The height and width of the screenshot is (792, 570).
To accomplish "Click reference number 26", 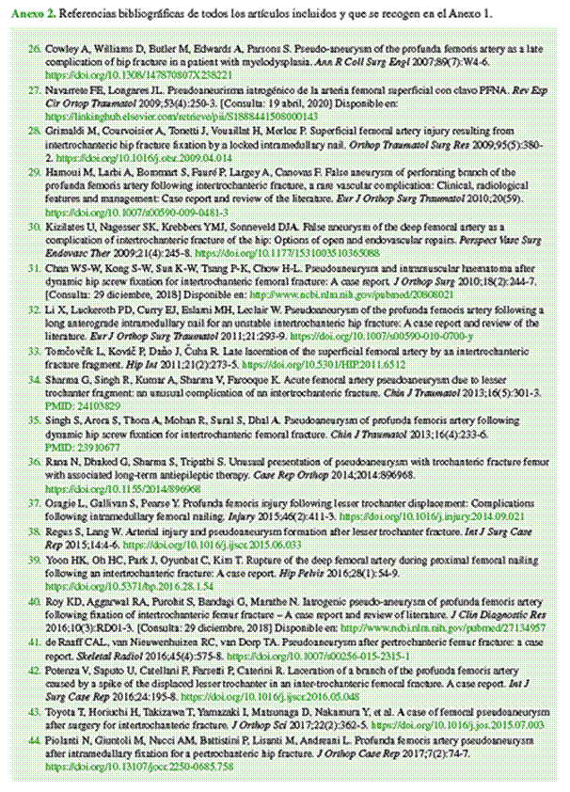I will [35, 47].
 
